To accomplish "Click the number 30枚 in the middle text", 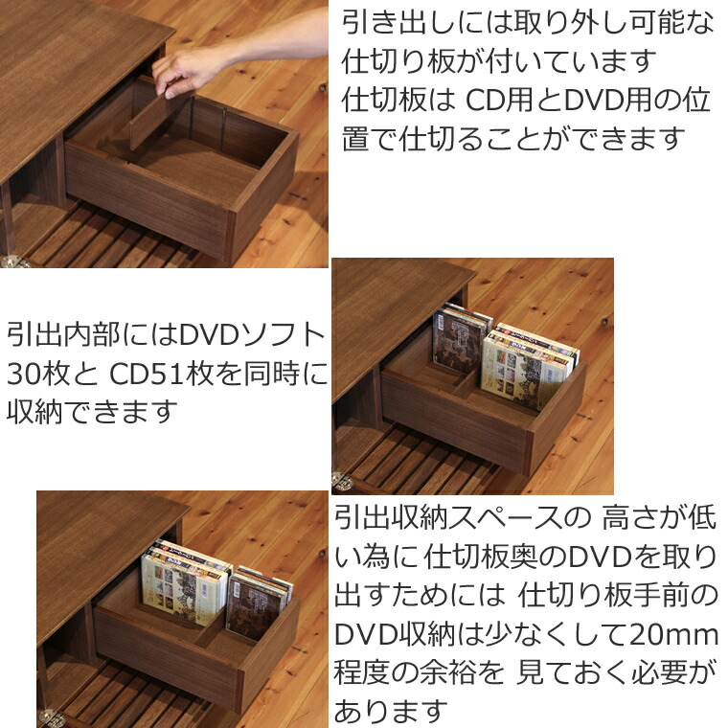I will tap(37, 373).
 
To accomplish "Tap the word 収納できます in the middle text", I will tap(92, 411).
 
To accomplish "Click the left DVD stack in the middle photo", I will tap(461, 340).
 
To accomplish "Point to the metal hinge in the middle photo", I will tap(341, 482).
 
